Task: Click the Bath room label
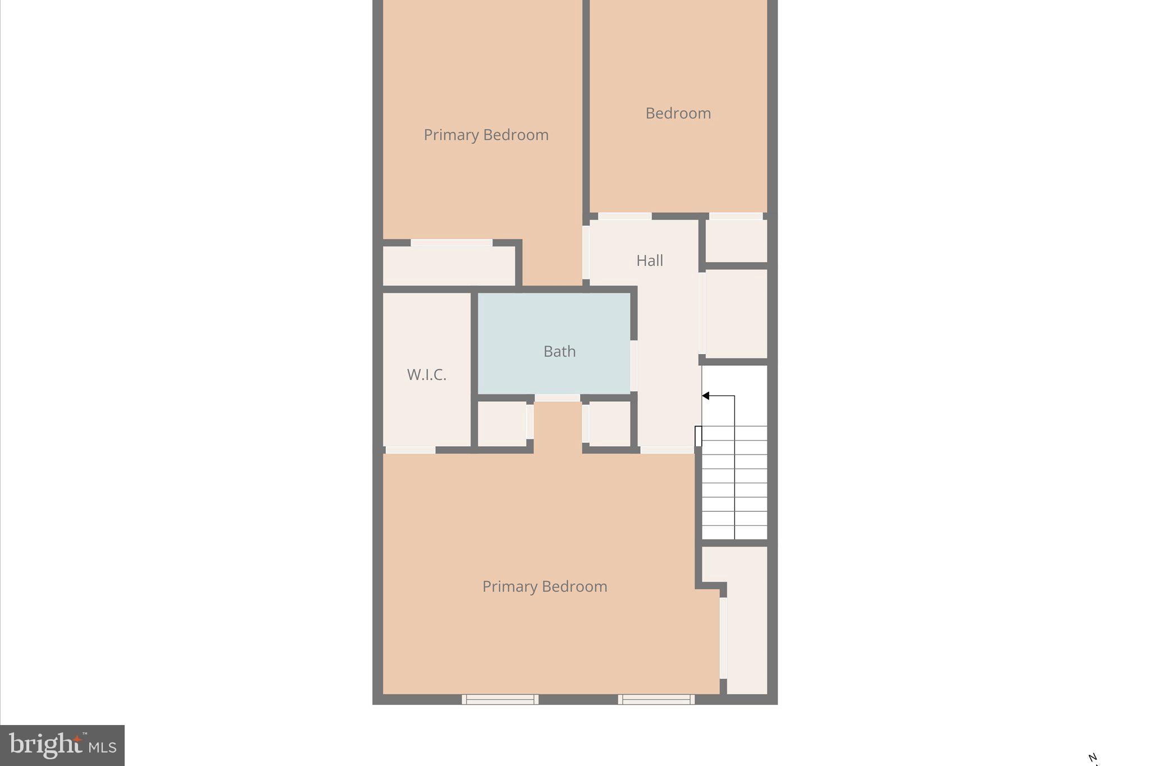point(559,351)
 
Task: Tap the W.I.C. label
point(427,375)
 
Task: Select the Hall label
point(650,260)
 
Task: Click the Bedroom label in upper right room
point(678,113)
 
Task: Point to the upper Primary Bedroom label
point(486,135)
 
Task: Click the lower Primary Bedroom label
point(545,586)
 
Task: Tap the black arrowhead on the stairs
point(706,396)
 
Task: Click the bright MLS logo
point(62,745)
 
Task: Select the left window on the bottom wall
point(500,699)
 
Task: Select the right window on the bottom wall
point(656,699)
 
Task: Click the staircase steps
point(734,483)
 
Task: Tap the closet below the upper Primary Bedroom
point(449,265)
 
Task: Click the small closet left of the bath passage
point(501,424)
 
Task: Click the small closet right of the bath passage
point(609,424)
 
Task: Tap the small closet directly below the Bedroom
point(736,240)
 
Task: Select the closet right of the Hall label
point(736,313)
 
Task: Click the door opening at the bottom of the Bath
point(557,397)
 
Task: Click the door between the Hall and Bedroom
point(624,216)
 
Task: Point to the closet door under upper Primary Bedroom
point(451,242)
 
